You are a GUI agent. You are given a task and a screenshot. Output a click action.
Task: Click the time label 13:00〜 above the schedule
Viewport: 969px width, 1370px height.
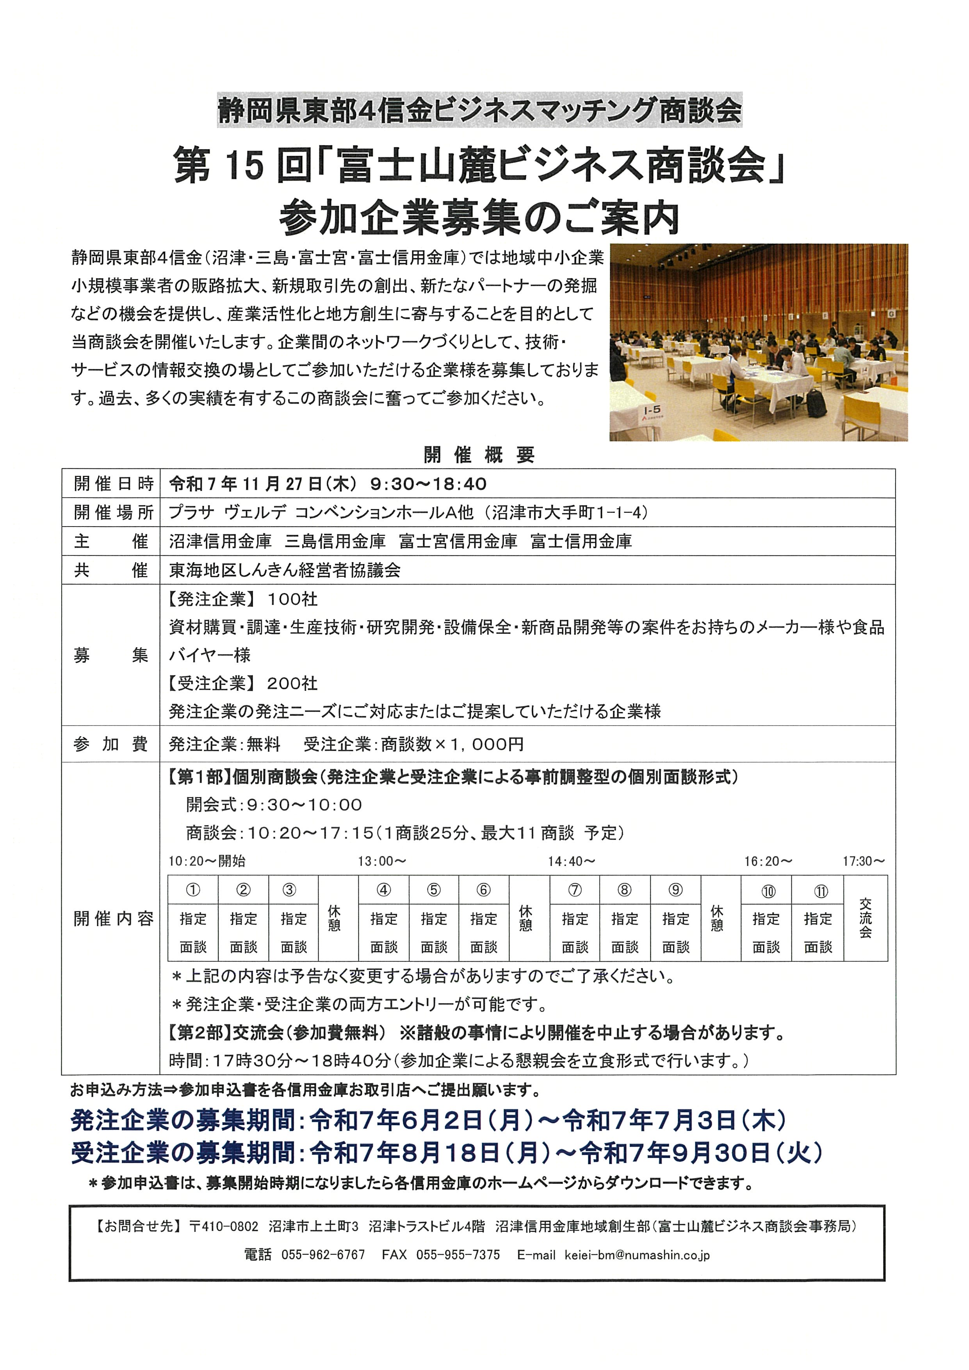[382, 861]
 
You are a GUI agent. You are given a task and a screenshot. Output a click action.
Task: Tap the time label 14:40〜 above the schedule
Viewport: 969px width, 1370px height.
[572, 861]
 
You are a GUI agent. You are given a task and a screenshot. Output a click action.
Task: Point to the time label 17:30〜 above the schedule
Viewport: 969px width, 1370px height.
[863, 861]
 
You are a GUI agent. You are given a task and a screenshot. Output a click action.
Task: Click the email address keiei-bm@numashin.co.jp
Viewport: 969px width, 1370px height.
[637, 1255]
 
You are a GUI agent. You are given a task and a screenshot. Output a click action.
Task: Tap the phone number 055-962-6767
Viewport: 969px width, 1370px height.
[323, 1255]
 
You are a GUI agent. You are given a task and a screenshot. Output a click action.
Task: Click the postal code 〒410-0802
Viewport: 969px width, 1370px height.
[223, 1226]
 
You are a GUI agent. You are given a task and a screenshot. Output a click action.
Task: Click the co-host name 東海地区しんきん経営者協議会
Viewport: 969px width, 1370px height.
[285, 570]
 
